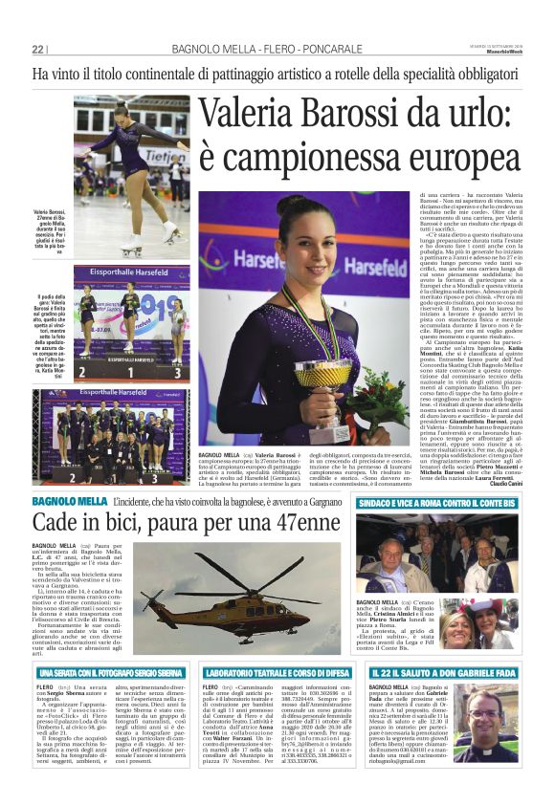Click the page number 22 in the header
coord(38,49)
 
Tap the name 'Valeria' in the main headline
coord(251,113)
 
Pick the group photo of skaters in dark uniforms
coord(115,435)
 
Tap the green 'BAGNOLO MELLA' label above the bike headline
coord(60,501)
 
